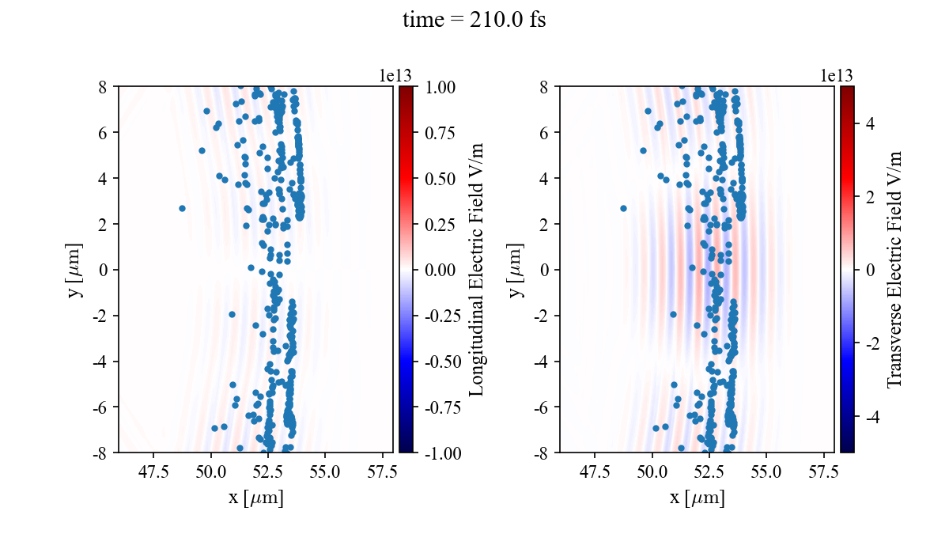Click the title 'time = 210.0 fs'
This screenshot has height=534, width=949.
pyautogui.click(x=474, y=21)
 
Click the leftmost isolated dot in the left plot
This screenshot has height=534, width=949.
pyautogui.click(x=182, y=208)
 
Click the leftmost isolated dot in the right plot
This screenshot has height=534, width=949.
pyautogui.click(x=623, y=208)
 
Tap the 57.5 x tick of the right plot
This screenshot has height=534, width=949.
pyautogui.click(x=822, y=472)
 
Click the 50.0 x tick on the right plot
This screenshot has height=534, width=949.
pyautogui.click(x=652, y=472)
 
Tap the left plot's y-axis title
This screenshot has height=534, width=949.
pyautogui.click(x=75, y=269)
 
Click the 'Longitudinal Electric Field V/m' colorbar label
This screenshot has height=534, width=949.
pyautogui.click(x=477, y=269)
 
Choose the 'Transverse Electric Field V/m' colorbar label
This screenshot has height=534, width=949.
pyautogui.click(x=894, y=269)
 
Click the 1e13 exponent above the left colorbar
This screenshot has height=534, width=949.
pyautogui.click(x=395, y=75)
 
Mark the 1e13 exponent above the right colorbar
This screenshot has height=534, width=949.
pyautogui.click(x=837, y=75)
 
